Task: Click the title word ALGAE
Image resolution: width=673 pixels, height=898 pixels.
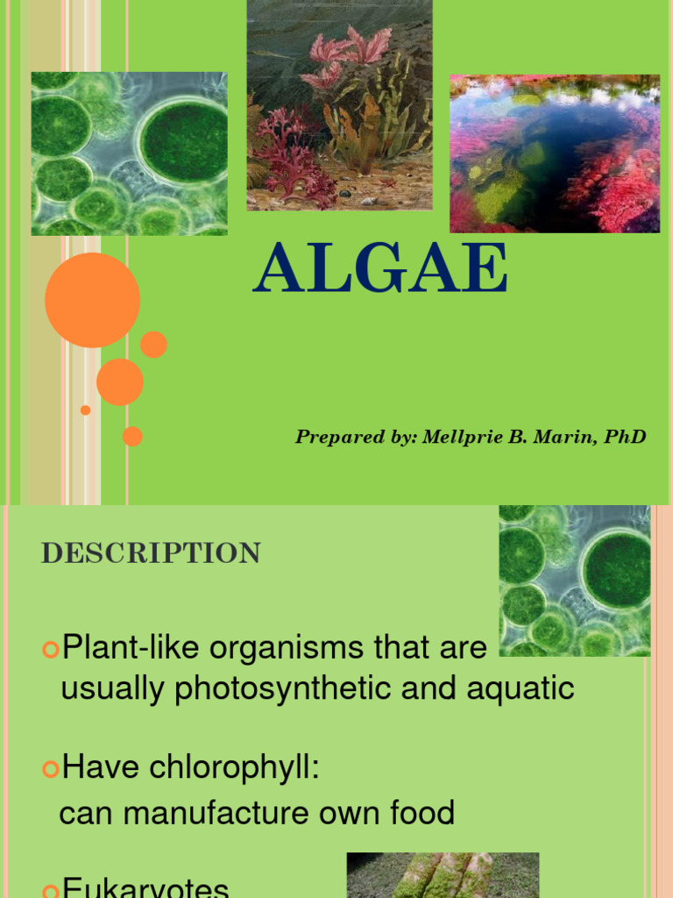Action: tap(380, 270)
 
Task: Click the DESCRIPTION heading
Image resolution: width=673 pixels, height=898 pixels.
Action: tap(151, 553)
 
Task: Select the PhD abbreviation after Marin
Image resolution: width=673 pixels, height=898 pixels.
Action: tap(626, 437)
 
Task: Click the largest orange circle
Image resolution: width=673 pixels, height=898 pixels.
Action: tap(92, 300)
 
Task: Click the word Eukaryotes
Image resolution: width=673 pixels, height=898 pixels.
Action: tap(145, 887)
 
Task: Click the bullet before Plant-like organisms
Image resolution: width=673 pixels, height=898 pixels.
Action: tap(50, 649)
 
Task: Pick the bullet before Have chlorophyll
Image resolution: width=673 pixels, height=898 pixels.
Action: tap(50, 769)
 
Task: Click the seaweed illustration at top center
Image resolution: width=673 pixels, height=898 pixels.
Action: tap(339, 105)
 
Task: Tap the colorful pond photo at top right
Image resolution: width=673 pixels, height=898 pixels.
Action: tap(555, 153)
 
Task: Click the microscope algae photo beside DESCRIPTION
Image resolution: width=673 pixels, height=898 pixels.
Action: tap(575, 581)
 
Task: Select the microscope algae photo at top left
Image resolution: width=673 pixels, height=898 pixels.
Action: tap(129, 153)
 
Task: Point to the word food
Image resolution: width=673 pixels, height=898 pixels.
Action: tap(424, 813)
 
